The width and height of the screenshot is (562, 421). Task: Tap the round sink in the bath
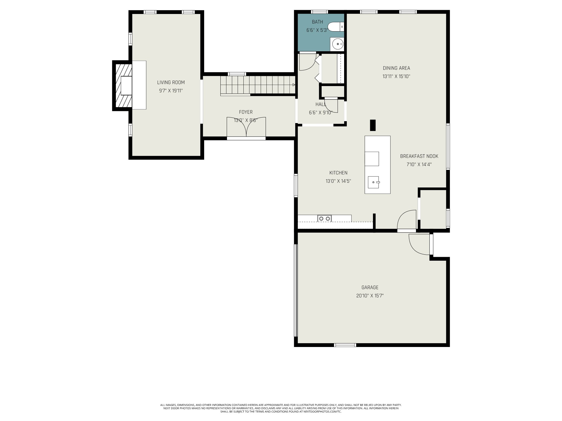click(x=337, y=44)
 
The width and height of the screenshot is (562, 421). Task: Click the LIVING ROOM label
click(x=171, y=82)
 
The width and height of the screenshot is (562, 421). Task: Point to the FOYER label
click(x=246, y=112)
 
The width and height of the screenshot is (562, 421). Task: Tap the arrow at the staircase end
click(x=294, y=85)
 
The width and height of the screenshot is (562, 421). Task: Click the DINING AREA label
click(x=396, y=68)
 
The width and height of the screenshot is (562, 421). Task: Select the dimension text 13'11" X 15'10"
click(x=396, y=76)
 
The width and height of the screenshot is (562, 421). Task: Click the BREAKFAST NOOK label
click(x=419, y=156)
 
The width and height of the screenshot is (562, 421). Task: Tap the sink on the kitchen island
click(x=373, y=182)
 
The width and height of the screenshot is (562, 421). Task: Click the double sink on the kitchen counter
click(x=325, y=218)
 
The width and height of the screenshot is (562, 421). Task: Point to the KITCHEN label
click(x=338, y=173)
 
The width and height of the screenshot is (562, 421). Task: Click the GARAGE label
click(x=370, y=287)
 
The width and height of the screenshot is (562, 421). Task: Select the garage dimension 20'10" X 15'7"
click(x=370, y=296)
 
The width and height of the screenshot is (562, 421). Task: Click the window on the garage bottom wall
click(x=345, y=345)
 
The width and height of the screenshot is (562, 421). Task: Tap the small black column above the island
click(x=373, y=125)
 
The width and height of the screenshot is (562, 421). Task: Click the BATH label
click(x=317, y=22)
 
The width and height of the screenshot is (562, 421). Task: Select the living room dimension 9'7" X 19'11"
click(x=171, y=91)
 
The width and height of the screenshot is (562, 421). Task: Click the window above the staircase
click(x=237, y=74)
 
